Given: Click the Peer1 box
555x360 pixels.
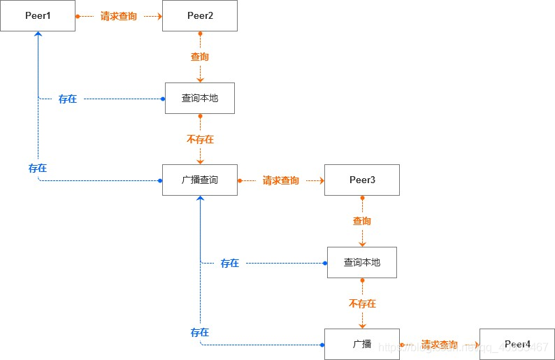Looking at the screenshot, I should tap(38, 15).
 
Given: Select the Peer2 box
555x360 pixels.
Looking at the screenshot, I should tap(200, 15).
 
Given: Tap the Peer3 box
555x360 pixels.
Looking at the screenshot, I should tap(362, 180).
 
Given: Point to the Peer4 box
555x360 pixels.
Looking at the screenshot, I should tap(517, 345).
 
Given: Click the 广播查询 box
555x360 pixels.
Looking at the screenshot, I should tap(200, 180).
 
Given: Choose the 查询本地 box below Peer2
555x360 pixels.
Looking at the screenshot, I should tap(200, 98).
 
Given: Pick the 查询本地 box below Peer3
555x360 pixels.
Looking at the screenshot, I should tap(362, 262).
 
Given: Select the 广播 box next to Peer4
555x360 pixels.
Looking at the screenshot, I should tap(362, 345).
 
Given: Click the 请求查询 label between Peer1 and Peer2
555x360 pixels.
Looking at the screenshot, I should tap(119, 16).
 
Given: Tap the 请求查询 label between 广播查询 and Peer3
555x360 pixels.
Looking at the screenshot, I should tap(281, 180).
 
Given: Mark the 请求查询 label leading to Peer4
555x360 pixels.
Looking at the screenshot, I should tap(440, 345).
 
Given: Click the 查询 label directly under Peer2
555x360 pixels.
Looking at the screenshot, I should tap(200, 57).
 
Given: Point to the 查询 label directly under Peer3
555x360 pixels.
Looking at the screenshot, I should tap(362, 221).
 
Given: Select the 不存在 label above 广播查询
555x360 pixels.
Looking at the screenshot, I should tap(200, 139).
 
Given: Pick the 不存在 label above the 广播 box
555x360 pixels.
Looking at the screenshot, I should tap(362, 303).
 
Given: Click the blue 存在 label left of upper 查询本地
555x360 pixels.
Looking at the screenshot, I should tap(68, 99).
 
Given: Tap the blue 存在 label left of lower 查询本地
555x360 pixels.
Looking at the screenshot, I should tap(230, 264).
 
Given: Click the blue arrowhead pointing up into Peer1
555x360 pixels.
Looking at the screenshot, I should tap(38, 35).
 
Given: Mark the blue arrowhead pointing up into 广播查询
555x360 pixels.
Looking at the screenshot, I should tap(201, 199).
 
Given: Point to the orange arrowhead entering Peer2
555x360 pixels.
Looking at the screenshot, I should tap(159, 15).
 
